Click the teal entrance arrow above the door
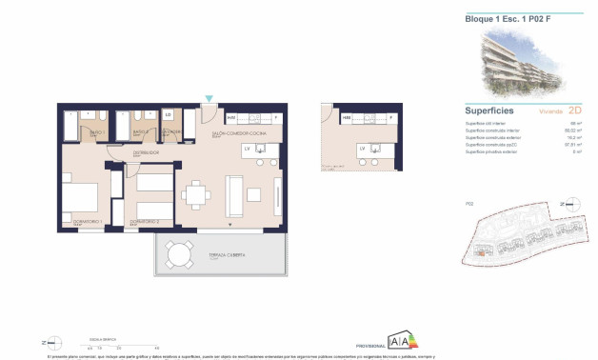[209, 98]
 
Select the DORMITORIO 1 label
[76, 222]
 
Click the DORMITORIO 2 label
[144, 222]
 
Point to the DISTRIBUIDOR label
[145, 151]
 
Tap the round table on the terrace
[177, 255]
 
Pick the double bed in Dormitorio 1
[80, 198]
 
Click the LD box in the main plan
[168, 115]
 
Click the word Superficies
[490, 110]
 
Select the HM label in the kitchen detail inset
[347, 117]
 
